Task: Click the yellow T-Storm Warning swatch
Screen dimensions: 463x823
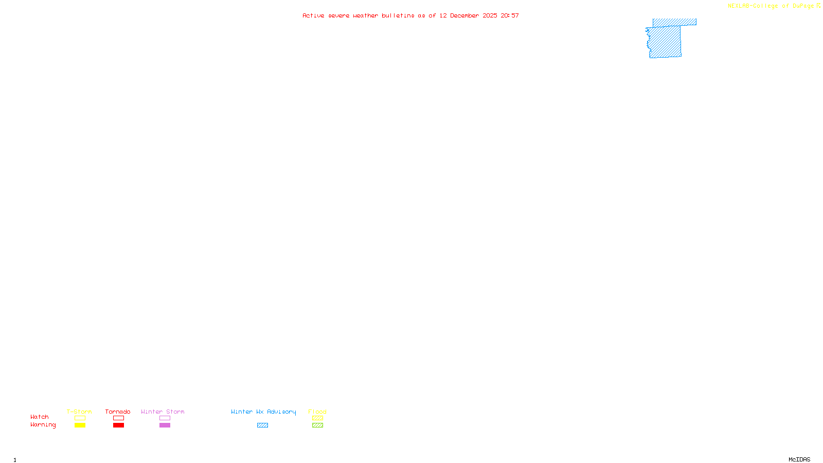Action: (x=80, y=425)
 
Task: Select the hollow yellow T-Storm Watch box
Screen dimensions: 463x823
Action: (x=80, y=418)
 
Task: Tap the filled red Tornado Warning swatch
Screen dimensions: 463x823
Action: (x=118, y=425)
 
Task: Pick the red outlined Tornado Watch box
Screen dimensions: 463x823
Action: (x=118, y=418)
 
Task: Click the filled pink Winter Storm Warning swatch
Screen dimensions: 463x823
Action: (x=165, y=425)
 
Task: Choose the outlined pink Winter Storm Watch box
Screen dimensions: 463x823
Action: (x=165, y=418)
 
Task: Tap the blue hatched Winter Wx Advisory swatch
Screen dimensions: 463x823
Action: (x=262, y=425)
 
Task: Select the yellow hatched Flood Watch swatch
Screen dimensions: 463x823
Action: (x=317, y=418)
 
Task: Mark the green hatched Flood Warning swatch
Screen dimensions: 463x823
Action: (x=317, y=425)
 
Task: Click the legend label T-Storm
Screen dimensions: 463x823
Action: (x=79, y=412)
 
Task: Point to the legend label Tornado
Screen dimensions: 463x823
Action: (x=118, y=412)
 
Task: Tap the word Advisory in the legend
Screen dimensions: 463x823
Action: (x=281, y=412)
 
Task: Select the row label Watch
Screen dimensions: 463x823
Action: (x=40, y=417)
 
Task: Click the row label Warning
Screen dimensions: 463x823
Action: (x=43, y=425)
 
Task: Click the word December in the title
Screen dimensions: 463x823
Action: (x=464, y=15)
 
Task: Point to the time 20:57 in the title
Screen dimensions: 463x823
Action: (x=510, y=15)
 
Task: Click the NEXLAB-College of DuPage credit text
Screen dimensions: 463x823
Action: (x=771, y=6)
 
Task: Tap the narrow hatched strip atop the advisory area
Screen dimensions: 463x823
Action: (x=674, y=22)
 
